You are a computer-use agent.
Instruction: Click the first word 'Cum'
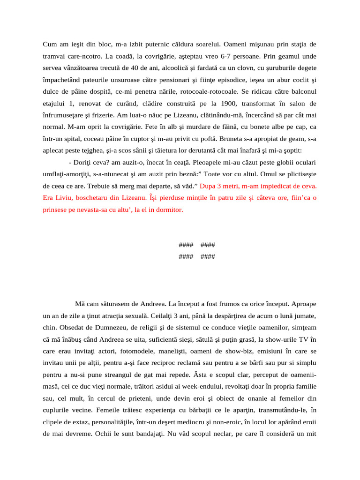coord(50,45)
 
